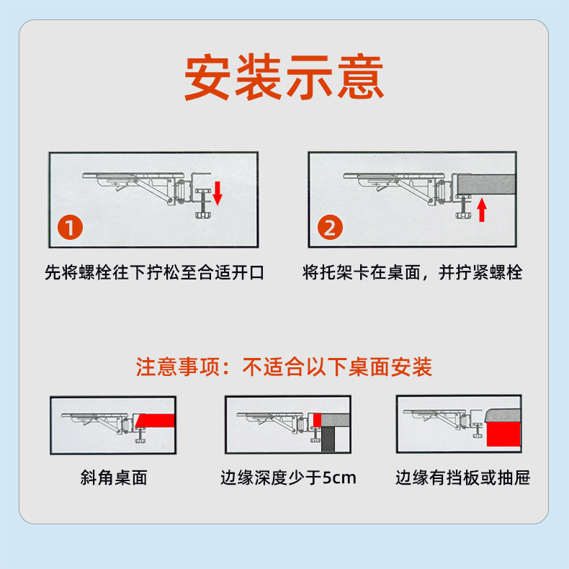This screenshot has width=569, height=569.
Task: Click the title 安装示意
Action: coord(284,76)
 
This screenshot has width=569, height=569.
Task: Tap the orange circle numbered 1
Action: coord(70,227)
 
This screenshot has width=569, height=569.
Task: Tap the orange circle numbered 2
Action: coord(330,227)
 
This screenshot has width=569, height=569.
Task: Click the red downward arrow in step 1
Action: coord(217,193)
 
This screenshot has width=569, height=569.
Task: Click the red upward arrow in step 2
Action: coord(482,210)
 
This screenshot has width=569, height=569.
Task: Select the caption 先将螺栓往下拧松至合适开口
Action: coord(154,272)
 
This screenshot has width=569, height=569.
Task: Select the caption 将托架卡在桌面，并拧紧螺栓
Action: coord(412,272)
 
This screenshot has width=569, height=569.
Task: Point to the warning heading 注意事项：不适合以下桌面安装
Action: coord(284,367)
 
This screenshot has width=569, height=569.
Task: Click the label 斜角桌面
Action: coord(114,478)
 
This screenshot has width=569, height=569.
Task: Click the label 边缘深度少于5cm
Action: coord(289,478)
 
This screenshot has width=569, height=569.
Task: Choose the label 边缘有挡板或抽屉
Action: coord(462,478)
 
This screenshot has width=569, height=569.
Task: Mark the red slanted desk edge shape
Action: coord(156,421)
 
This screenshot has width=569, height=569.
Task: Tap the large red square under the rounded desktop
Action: coord(503,434)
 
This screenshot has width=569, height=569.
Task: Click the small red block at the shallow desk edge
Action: coord(317,420)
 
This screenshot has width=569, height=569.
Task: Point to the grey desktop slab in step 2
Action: coord(486,184)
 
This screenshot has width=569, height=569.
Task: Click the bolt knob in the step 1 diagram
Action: coord(202,215)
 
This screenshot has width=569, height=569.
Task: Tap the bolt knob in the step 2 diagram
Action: coord(462,215)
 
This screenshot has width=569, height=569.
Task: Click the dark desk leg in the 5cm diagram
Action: coord(328,439)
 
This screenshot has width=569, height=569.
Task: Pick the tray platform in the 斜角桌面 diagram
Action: coord(94,415)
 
